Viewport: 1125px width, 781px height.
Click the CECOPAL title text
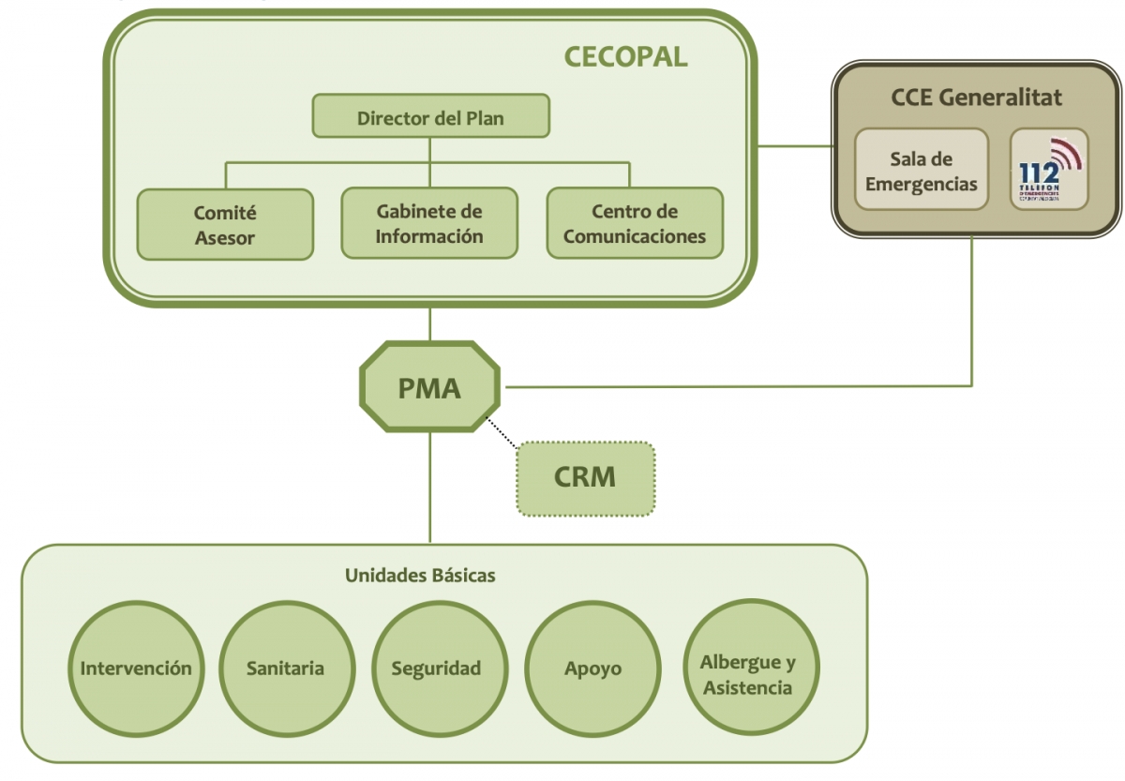pyautogui.click(x=625, y=57)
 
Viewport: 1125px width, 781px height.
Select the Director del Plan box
pyautogui.click(x=430, y=117)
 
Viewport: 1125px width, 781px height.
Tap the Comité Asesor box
pyautogui.click(x=225, y=225)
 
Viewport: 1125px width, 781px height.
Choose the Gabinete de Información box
pyautogui.click(x=429, y=223)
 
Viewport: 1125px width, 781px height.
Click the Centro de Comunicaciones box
pyautogui.click(x=635, y=223)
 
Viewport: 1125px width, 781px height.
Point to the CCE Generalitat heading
pyautogui.click(x=976, y=97)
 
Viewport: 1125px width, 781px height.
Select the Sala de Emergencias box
pyautogui.click(x=922, y=170)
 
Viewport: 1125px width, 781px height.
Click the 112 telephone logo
pyautogui.click(x=1049, y=169)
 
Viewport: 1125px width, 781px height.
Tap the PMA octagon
pyautogui.click(x=429, y=387)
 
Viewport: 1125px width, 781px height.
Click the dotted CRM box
pyautogui.click(x=585, y=477)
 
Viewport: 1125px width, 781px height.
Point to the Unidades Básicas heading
pyautogui.click(x=420, y=575)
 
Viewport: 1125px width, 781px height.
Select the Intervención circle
pyautogui.click(x=136, y=668)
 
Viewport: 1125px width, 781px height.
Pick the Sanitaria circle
pyautogui.click(x=286, y=668)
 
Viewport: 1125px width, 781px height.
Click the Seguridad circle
pyautogui.click(x=436, y=668)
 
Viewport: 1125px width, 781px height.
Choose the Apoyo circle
pyautogui.click(x=592, y=668)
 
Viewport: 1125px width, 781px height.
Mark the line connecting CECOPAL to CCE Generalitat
pyautogui.click(x=794, y=146)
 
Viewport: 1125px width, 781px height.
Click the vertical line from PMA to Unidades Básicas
pyautogui.click(x=430, y=488)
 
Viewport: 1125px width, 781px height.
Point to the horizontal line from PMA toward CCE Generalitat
pyautogui.click(x=731, y=385)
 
